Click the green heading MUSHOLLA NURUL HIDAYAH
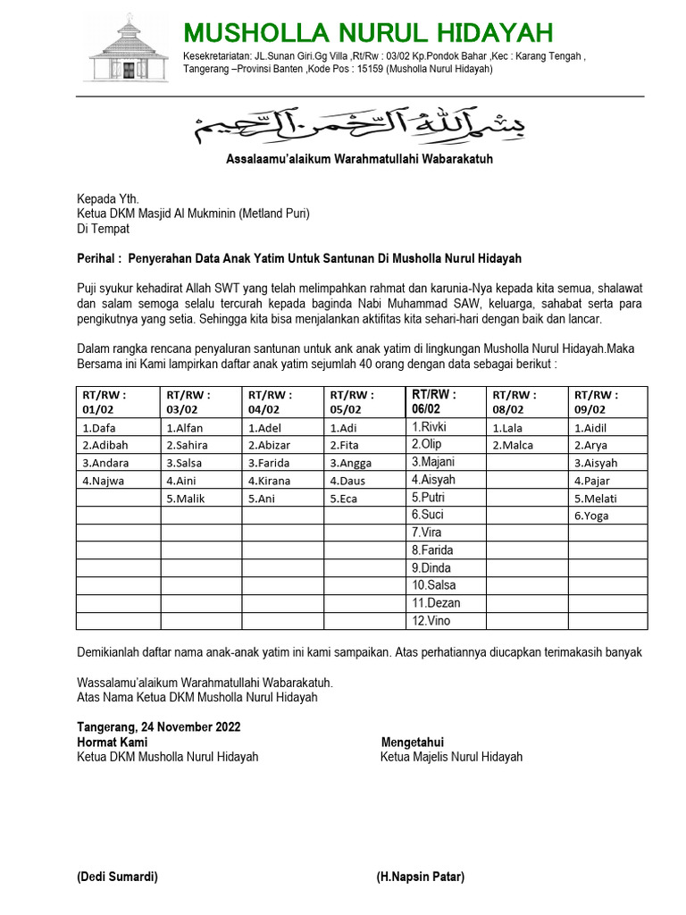point(368,33)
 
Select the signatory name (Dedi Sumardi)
point(117,877)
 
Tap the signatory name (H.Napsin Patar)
point(420,877)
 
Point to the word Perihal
point(96,258)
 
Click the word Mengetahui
point(413,743)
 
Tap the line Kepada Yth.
point(108,198)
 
